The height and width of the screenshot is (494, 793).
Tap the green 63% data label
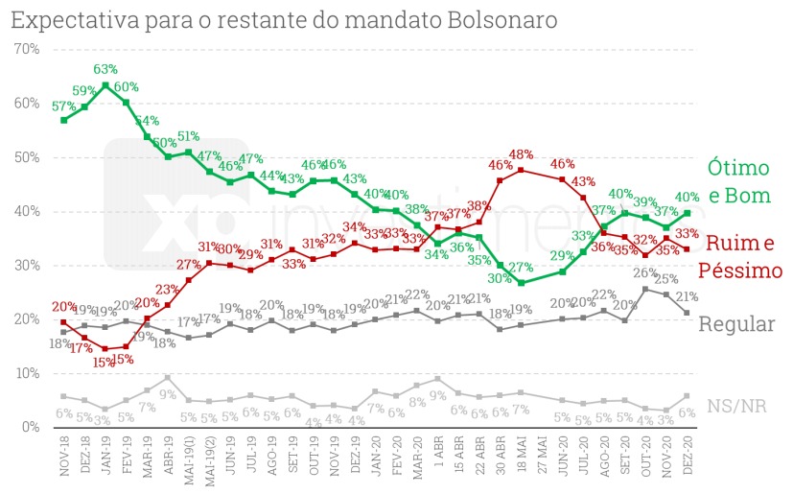click(x=105, y=69)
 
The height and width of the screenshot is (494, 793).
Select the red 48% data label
click(x=522, y=153)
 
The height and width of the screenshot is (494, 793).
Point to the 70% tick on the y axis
click(x=26, y=49)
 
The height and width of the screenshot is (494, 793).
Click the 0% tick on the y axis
click(x=30, y=426)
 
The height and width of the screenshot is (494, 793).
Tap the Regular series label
click(x=736, y=323)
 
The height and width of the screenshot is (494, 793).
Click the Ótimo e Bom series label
click(x=738, y=182)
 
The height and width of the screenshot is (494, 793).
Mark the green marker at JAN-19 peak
click(x=105, y=85)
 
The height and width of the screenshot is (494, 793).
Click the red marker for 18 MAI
click(x=521, y=170)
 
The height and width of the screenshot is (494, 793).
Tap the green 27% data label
click(x=521, y=268)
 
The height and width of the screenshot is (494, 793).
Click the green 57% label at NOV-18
click(x=63, y=105)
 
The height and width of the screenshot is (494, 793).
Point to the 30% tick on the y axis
click(x=26, y=265)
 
